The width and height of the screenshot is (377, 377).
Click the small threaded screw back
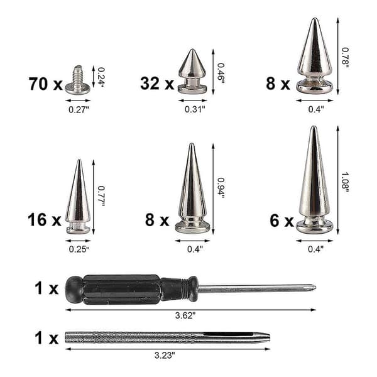point(78,80)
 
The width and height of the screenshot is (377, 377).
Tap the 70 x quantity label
point(45,84)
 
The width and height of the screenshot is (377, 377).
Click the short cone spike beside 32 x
point(192,71)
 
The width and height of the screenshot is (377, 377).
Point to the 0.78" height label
point(345,58)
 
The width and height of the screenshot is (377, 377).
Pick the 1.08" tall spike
point(315,180)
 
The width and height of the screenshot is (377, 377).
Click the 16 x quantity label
point(45,220)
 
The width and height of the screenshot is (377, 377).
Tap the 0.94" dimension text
point(221,188)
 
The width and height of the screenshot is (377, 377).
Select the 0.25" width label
point(79,249)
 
